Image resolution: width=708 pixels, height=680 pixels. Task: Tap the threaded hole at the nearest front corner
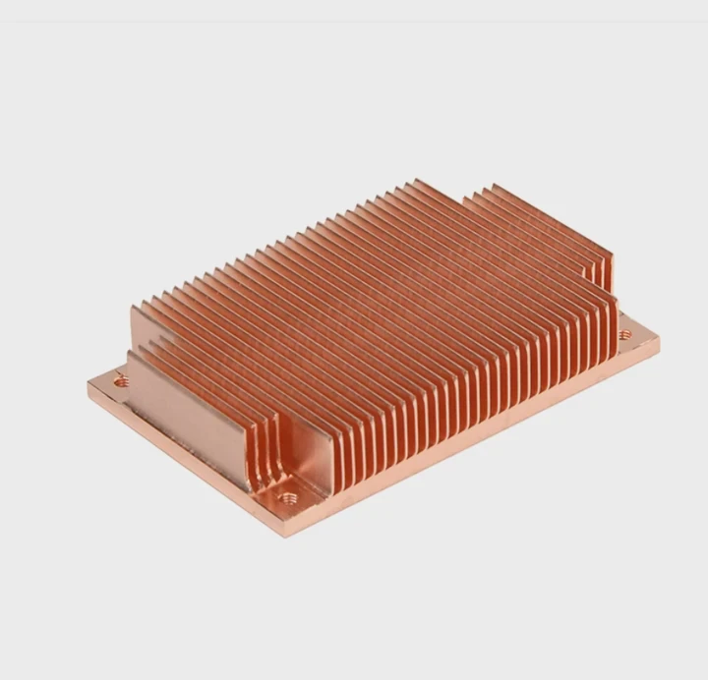coord(288,497)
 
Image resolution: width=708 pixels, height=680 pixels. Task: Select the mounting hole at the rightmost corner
coord(624,335)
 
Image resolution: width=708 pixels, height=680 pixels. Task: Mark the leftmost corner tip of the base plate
coord(88,384)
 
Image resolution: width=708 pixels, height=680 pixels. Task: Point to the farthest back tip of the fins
coord(418,181)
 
